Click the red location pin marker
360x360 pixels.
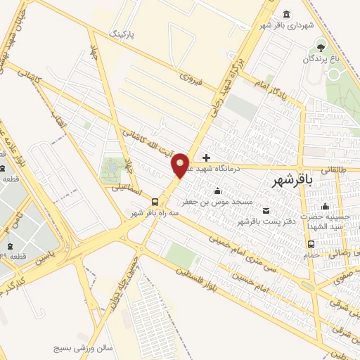(x=181, y=165)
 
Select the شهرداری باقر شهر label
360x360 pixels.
(x=285, y=25)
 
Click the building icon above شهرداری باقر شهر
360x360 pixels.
(x=285, y=14)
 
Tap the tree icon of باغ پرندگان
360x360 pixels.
(x=321, y=47)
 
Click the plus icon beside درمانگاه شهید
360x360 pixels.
(x=206, y=157)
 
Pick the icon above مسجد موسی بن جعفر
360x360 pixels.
(x=217, y=191)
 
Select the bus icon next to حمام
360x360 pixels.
(x=311, y=244)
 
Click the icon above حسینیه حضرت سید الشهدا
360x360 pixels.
(x=325, y=207)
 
